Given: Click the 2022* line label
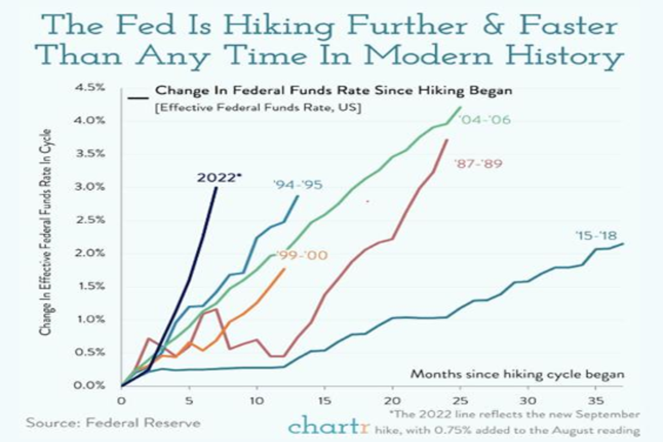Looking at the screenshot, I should [219, 177].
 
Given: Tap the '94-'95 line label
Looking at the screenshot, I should [297, 185].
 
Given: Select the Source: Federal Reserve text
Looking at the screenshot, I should [113, 424].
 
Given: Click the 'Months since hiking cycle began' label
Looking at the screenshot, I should [517, 374].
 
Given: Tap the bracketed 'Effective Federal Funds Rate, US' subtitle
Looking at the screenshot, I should [258, 108].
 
